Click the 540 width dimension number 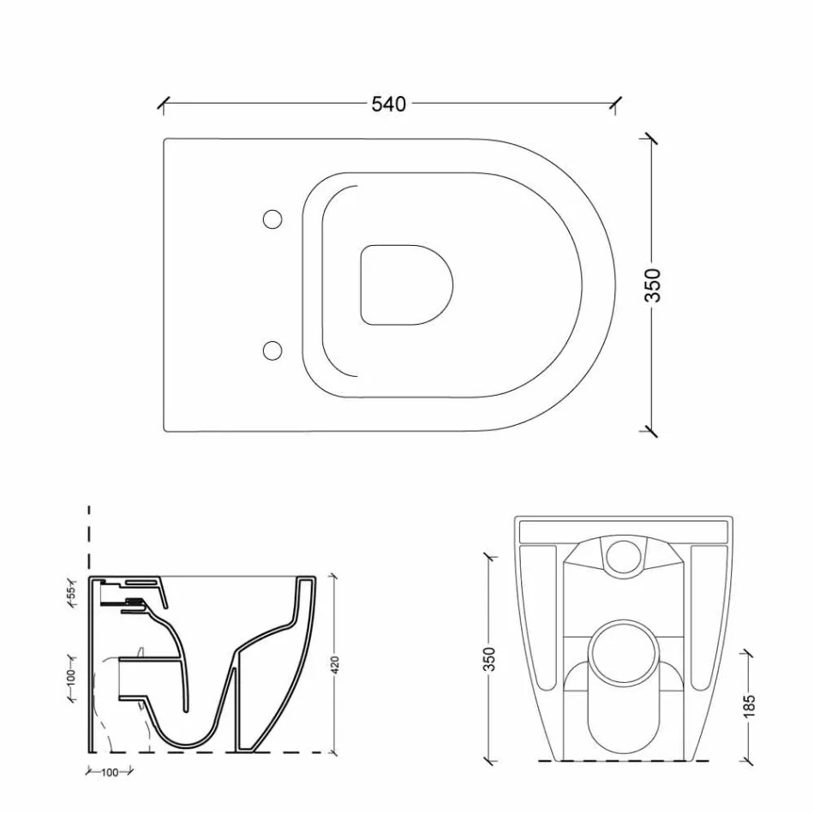pyautogui.click(x=388, y=104)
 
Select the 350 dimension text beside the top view pyautogui.click(x=653, y=285)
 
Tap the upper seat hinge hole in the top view pyautogui.click(x=272, y=219)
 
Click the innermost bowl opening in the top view pyautogui.click(x=405, y=284)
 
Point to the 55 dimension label pyautogui.click(x=73, y=591)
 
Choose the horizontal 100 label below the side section pyautogui.click(x=110, y=773)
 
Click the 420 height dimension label pyautogui.click(x=335, y=665)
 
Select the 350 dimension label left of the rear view pyautogui.click(x=490, y=658)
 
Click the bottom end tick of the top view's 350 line pyautogui.click(x=653, y=429)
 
